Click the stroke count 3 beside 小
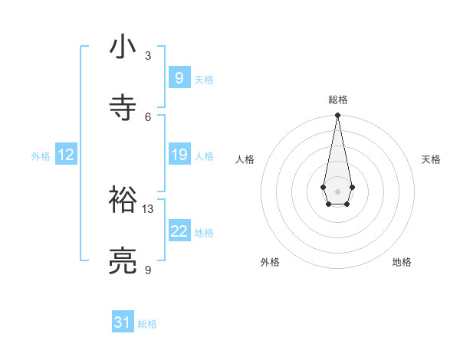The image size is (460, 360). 148,56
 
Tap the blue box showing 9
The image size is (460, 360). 179,78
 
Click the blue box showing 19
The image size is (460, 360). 179,155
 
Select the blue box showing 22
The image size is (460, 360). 179,231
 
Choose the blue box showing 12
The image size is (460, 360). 66,155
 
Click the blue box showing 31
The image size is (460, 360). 123,322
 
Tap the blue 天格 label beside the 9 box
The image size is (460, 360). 204,79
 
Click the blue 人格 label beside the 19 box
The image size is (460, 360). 204,155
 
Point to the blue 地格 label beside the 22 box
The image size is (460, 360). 204,232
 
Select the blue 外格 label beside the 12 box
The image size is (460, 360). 41,155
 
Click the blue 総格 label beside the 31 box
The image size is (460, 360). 147,324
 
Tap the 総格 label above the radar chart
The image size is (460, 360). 337,100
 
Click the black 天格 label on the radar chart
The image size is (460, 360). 431,159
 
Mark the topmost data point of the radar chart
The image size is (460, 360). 337,116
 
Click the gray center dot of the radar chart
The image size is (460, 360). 337,190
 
